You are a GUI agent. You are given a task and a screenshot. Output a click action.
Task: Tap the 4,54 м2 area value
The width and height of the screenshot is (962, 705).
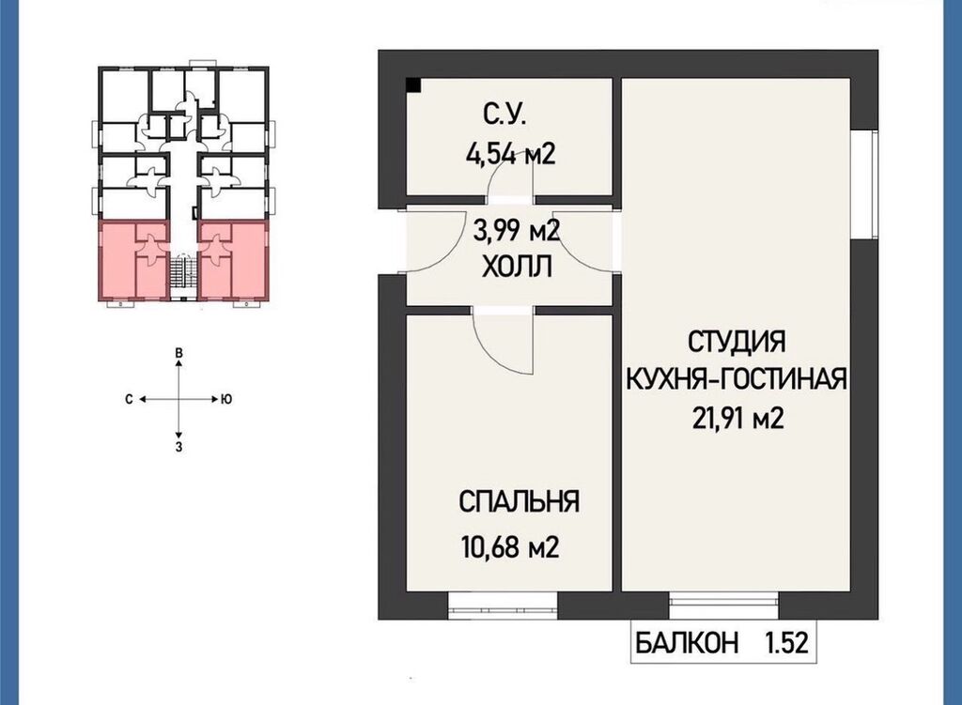coord(510,153)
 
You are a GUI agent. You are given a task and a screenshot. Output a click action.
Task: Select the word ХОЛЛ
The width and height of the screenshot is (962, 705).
coord(518,268)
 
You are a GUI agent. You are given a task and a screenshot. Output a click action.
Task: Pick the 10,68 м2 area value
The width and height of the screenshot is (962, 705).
coord(510,546)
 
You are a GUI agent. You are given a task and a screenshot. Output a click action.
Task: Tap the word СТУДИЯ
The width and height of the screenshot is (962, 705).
coord(737,341)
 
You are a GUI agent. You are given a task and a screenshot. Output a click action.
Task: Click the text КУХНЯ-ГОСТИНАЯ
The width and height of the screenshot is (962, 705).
coord(737,378)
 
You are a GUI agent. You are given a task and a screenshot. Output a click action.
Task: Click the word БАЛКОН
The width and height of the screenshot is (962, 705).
coord(687,644)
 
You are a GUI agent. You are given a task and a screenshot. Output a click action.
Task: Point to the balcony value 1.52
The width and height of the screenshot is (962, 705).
coord(786,644)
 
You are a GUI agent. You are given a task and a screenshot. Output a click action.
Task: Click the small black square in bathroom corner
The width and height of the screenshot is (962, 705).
coord(414,85)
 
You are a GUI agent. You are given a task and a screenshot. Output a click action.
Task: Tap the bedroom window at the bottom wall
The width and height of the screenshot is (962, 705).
coord(504,605)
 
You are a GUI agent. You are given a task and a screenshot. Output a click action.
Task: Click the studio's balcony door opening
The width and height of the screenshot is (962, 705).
coord(723,605)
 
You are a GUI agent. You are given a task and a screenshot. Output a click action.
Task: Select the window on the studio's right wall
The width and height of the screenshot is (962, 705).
coord(865,183)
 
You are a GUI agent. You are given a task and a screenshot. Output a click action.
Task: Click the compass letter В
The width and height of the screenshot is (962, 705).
coord(178,353)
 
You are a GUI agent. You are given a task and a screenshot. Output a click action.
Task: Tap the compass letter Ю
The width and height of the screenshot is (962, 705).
coord(225,400)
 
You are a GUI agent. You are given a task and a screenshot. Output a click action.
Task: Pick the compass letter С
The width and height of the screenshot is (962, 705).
coord(129,400)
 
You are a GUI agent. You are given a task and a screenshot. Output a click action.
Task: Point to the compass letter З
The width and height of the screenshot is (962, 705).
coord(178,447)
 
